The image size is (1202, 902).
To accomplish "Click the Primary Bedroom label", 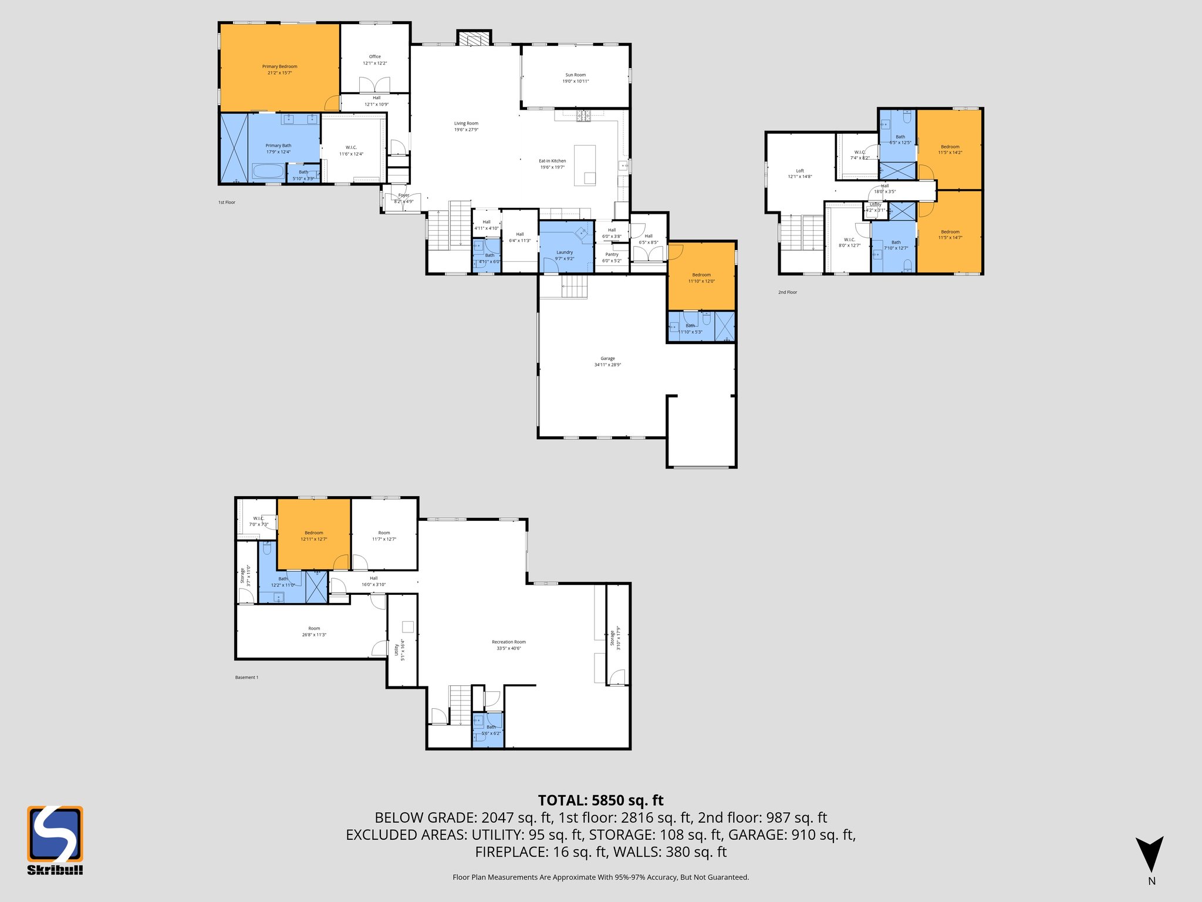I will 279,69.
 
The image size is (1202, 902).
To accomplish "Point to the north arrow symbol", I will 1149,854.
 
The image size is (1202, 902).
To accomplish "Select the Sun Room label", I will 575,78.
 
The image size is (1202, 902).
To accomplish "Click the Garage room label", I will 607,361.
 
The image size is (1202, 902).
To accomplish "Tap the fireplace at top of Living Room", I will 474,39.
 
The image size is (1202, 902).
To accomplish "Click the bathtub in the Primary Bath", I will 268,172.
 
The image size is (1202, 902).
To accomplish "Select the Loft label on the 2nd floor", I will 799,173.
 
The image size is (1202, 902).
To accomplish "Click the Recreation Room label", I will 508,645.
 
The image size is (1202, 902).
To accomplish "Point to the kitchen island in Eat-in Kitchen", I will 585,166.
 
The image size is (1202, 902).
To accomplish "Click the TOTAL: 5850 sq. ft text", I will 600,800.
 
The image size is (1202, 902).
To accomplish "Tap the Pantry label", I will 612,257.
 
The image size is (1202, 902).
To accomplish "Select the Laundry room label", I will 564,255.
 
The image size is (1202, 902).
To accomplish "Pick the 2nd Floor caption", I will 788,292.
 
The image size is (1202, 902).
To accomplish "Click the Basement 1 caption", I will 247,677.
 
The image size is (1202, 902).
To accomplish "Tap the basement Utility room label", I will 399,649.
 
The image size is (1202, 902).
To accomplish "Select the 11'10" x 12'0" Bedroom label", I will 701,278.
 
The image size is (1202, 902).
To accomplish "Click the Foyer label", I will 404,198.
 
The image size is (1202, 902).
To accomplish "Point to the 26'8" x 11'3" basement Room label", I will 314,631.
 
